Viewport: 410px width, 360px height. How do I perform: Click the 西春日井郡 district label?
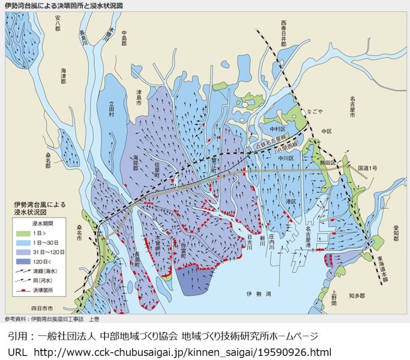(x=284, y=33)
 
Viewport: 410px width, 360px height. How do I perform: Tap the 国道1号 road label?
(x=367, y=169)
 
